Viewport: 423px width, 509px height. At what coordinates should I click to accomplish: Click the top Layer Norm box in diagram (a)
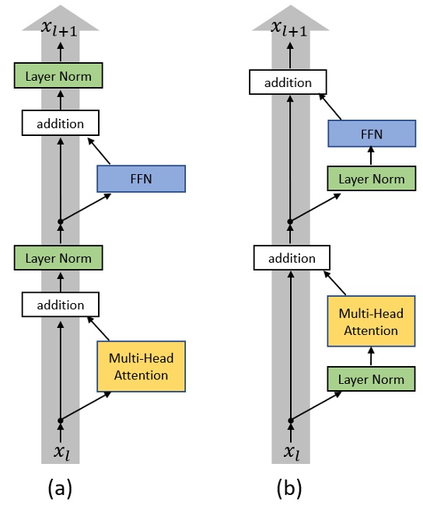coord(58,76)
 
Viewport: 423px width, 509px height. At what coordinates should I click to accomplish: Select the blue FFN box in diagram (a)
coord(141,178)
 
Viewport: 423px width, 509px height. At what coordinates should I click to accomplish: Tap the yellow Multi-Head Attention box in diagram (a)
coord(141,366)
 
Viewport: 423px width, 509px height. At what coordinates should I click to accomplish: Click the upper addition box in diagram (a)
coord(60,123)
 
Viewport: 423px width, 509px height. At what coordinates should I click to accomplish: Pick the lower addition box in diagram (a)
coord(60,305)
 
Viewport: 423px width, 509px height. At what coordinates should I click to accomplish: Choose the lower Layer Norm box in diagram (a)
coord(58,258)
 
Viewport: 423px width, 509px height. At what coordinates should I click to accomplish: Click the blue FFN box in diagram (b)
coord(371,134)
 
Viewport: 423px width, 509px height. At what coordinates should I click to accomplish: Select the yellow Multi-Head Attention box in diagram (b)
coord(371,322)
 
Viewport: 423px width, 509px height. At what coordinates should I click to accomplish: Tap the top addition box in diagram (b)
coord(288,82)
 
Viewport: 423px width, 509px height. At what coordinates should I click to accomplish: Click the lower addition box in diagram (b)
coord(292,258)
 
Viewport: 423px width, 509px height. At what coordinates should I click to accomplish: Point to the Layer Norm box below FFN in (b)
coord(371,179)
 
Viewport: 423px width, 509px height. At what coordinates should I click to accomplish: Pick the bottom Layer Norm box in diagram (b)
coord(371,379)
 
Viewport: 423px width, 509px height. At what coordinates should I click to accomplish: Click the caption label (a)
coord(60,488)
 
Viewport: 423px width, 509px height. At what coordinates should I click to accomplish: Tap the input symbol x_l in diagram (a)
coord(60,451)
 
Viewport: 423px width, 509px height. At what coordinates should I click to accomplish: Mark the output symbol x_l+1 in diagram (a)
coord(60,28)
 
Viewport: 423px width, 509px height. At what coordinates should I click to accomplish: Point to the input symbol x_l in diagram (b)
coord(290,451)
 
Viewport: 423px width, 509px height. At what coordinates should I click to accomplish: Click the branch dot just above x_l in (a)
coord(60,420)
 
